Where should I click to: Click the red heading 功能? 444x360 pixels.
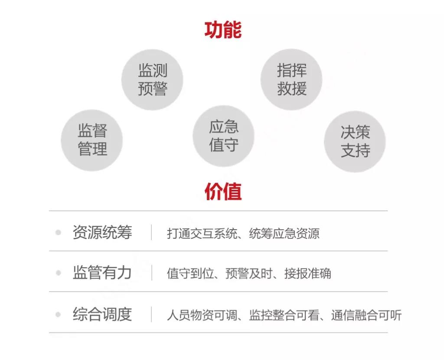[x=223, y=29]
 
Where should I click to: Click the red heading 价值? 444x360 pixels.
[x=223, y=191]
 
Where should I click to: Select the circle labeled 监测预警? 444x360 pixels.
[x=152, y=79]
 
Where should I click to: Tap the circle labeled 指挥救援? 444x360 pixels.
[x=291, y=79]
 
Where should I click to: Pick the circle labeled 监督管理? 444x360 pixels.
[x=92, y=139]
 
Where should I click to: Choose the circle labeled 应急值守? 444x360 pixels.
[x=223, y=136]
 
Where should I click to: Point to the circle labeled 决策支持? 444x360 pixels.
[x=355, y=141]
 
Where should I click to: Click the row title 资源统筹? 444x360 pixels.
[x=102, y=232]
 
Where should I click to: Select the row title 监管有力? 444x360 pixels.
[x=102, y=273]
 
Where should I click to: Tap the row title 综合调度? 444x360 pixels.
[x=102, y=314]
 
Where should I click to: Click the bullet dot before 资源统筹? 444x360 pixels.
[x=58, y=233]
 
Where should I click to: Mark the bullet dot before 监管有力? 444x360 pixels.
[x=58, y=273]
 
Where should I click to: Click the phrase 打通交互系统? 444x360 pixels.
[x=202, y=234]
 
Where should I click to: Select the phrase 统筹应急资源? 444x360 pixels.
[x=284, y=234]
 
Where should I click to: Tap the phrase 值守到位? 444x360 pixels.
[x=190, y=274]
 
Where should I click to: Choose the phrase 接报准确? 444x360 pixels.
[x=308, y=274]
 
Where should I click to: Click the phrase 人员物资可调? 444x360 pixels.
[x=202, y=315]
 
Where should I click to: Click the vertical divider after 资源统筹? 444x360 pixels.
[x=151, y=232]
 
